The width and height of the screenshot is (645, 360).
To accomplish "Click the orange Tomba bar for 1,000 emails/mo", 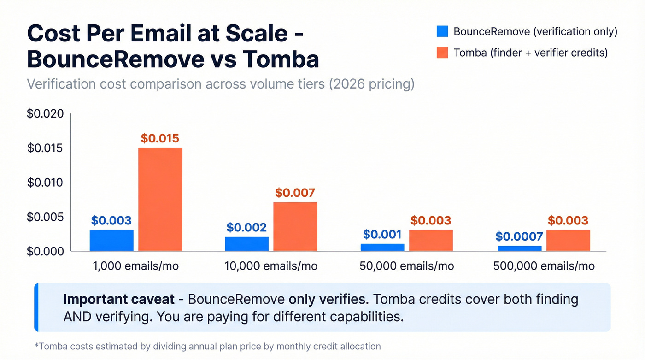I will [160, 199].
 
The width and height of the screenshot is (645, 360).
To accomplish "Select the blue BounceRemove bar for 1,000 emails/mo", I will [111, 240].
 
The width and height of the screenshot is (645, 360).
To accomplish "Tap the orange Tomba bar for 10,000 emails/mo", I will [295, 226].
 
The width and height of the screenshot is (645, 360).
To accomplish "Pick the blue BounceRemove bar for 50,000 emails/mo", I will [382, 247].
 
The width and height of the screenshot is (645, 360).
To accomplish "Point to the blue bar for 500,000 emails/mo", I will [519, 248].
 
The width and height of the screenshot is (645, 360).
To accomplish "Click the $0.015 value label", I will [160, 138].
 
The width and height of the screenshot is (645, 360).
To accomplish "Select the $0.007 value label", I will [295, 193].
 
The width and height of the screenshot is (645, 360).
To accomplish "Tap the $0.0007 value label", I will [519, 236].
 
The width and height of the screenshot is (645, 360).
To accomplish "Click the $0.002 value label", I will [246, 227].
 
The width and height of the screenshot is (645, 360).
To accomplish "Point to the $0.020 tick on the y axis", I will [45, 114].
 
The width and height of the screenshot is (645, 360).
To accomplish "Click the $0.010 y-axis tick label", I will [45, 183].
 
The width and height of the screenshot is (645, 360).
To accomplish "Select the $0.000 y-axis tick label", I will [45, 251].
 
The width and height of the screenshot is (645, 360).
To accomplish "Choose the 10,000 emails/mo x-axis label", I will [271, 266].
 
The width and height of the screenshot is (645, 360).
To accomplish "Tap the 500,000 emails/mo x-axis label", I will [544, 266].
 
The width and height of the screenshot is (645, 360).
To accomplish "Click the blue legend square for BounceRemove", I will [442, 31].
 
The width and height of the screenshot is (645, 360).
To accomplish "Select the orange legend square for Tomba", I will [442, 53].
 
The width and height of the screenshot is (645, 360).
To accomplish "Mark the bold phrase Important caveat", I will [119, 300].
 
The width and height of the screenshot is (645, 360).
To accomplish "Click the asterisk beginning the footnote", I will [36, 345].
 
